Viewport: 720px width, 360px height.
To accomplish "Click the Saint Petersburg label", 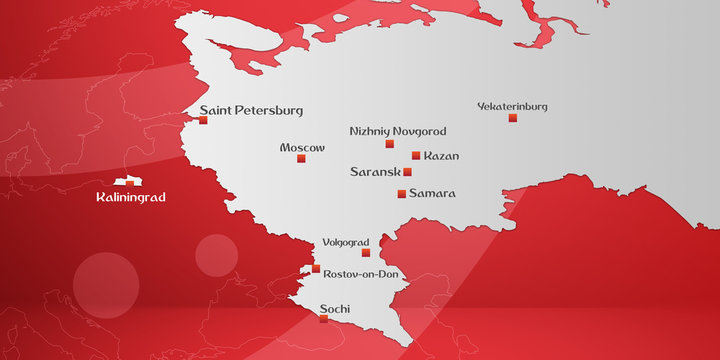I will pos(251,110).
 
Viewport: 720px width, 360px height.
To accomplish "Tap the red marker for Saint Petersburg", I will pos(203,120).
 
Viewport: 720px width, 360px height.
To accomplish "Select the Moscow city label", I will pos(302,147).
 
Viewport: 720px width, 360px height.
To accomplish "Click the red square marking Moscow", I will pos(302,158).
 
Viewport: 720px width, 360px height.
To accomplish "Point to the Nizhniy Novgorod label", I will pos(398,131).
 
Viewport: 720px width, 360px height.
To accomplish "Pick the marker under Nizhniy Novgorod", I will pos(390,144).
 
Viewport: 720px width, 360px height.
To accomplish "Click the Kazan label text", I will pos(441,156).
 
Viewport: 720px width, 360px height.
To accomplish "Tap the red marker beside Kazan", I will pos(416,155).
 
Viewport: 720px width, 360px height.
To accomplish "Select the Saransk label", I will pos(374,172).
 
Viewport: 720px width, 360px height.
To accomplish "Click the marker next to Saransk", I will pos(407,172).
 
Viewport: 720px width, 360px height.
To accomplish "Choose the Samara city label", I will pos(432,193).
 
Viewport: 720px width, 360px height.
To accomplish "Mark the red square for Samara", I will pos(402,193).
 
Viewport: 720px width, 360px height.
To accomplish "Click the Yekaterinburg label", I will pos(512,106).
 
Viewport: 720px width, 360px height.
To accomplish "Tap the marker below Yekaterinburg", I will pos(513,118).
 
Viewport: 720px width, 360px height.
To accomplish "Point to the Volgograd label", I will pos(346,242).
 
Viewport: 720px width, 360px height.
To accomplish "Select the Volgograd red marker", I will pos(365,253).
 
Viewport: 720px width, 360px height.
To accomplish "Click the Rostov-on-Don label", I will pos(360,273).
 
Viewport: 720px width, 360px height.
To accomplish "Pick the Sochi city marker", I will pos(323,320).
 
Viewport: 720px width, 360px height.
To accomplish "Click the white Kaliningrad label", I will pos(130,198).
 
